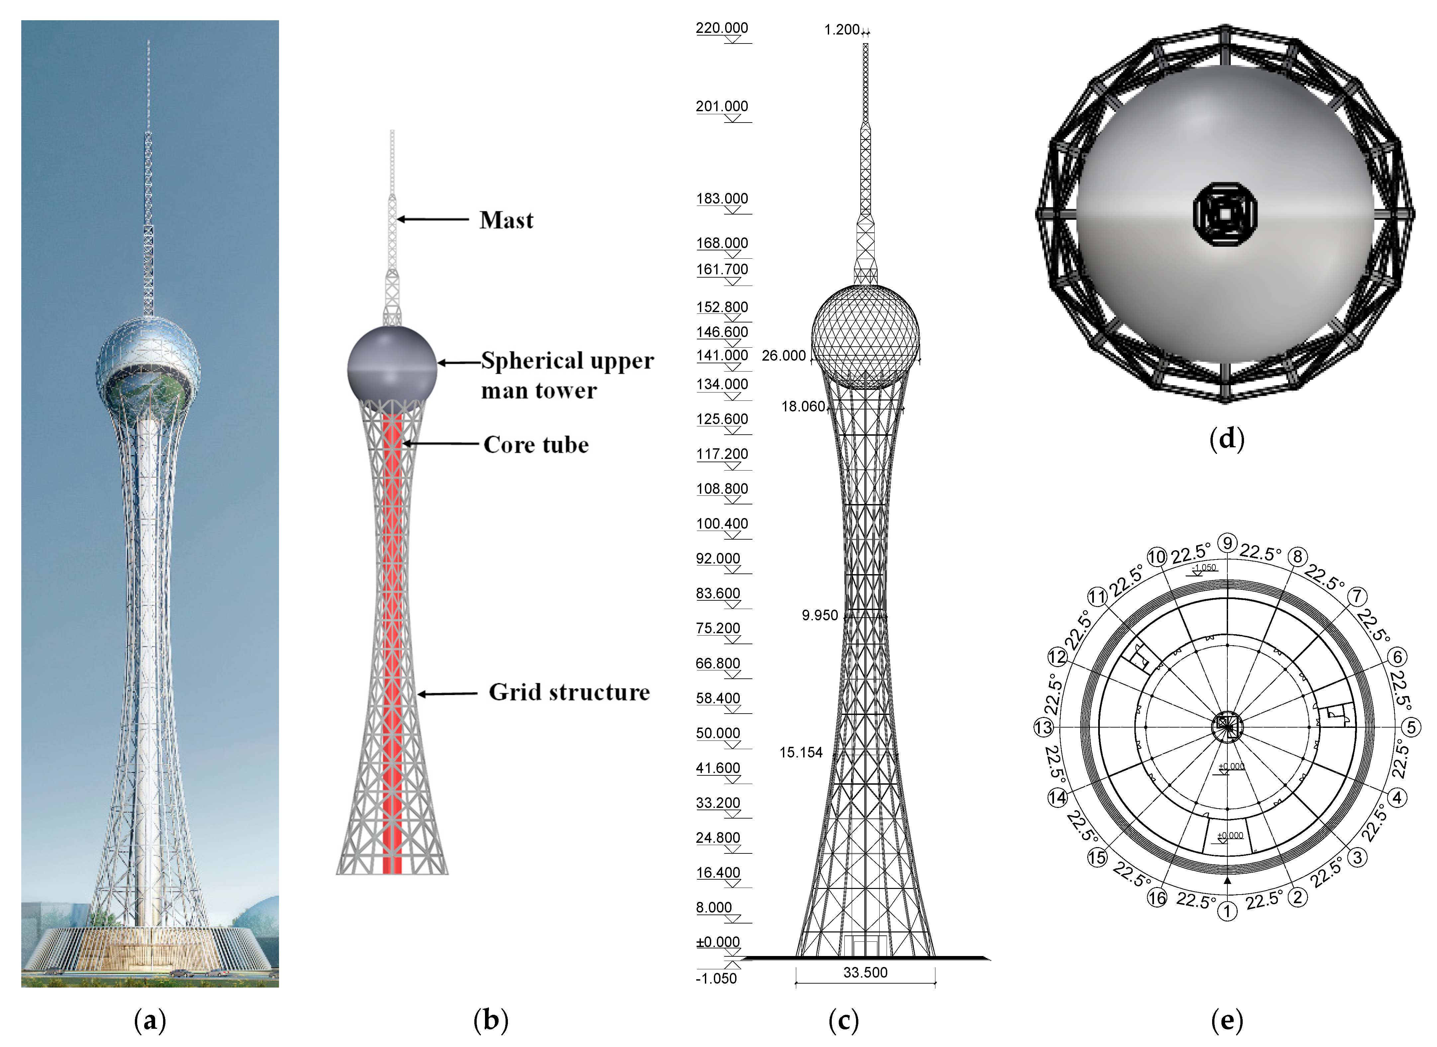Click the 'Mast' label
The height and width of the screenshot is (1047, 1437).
pyautogui.click(x=506, y=220)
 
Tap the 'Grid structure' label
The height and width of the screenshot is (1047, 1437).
pyautogui.click(x=569, y=692)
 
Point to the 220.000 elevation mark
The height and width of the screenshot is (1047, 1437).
pyautogui.click(x=722, y=28)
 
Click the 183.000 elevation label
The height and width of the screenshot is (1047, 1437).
pyautogui.click(x=722, y=198)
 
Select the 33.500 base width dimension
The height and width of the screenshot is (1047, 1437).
pyautogui.click(x=865, y=972)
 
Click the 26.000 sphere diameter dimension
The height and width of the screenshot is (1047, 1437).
pyautogui.click(x=784, y=356)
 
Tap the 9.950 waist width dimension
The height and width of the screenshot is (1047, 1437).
pyautogui.click(x=819, y=615)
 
